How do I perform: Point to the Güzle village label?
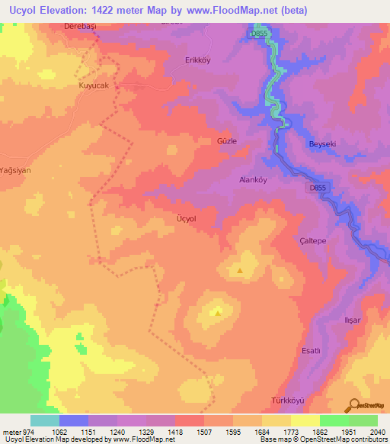(228, 141)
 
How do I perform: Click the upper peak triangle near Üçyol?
(241, 269)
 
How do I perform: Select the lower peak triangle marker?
(219, 310)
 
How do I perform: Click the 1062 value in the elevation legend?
(74, 432)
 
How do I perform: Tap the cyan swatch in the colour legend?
(44, 420)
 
